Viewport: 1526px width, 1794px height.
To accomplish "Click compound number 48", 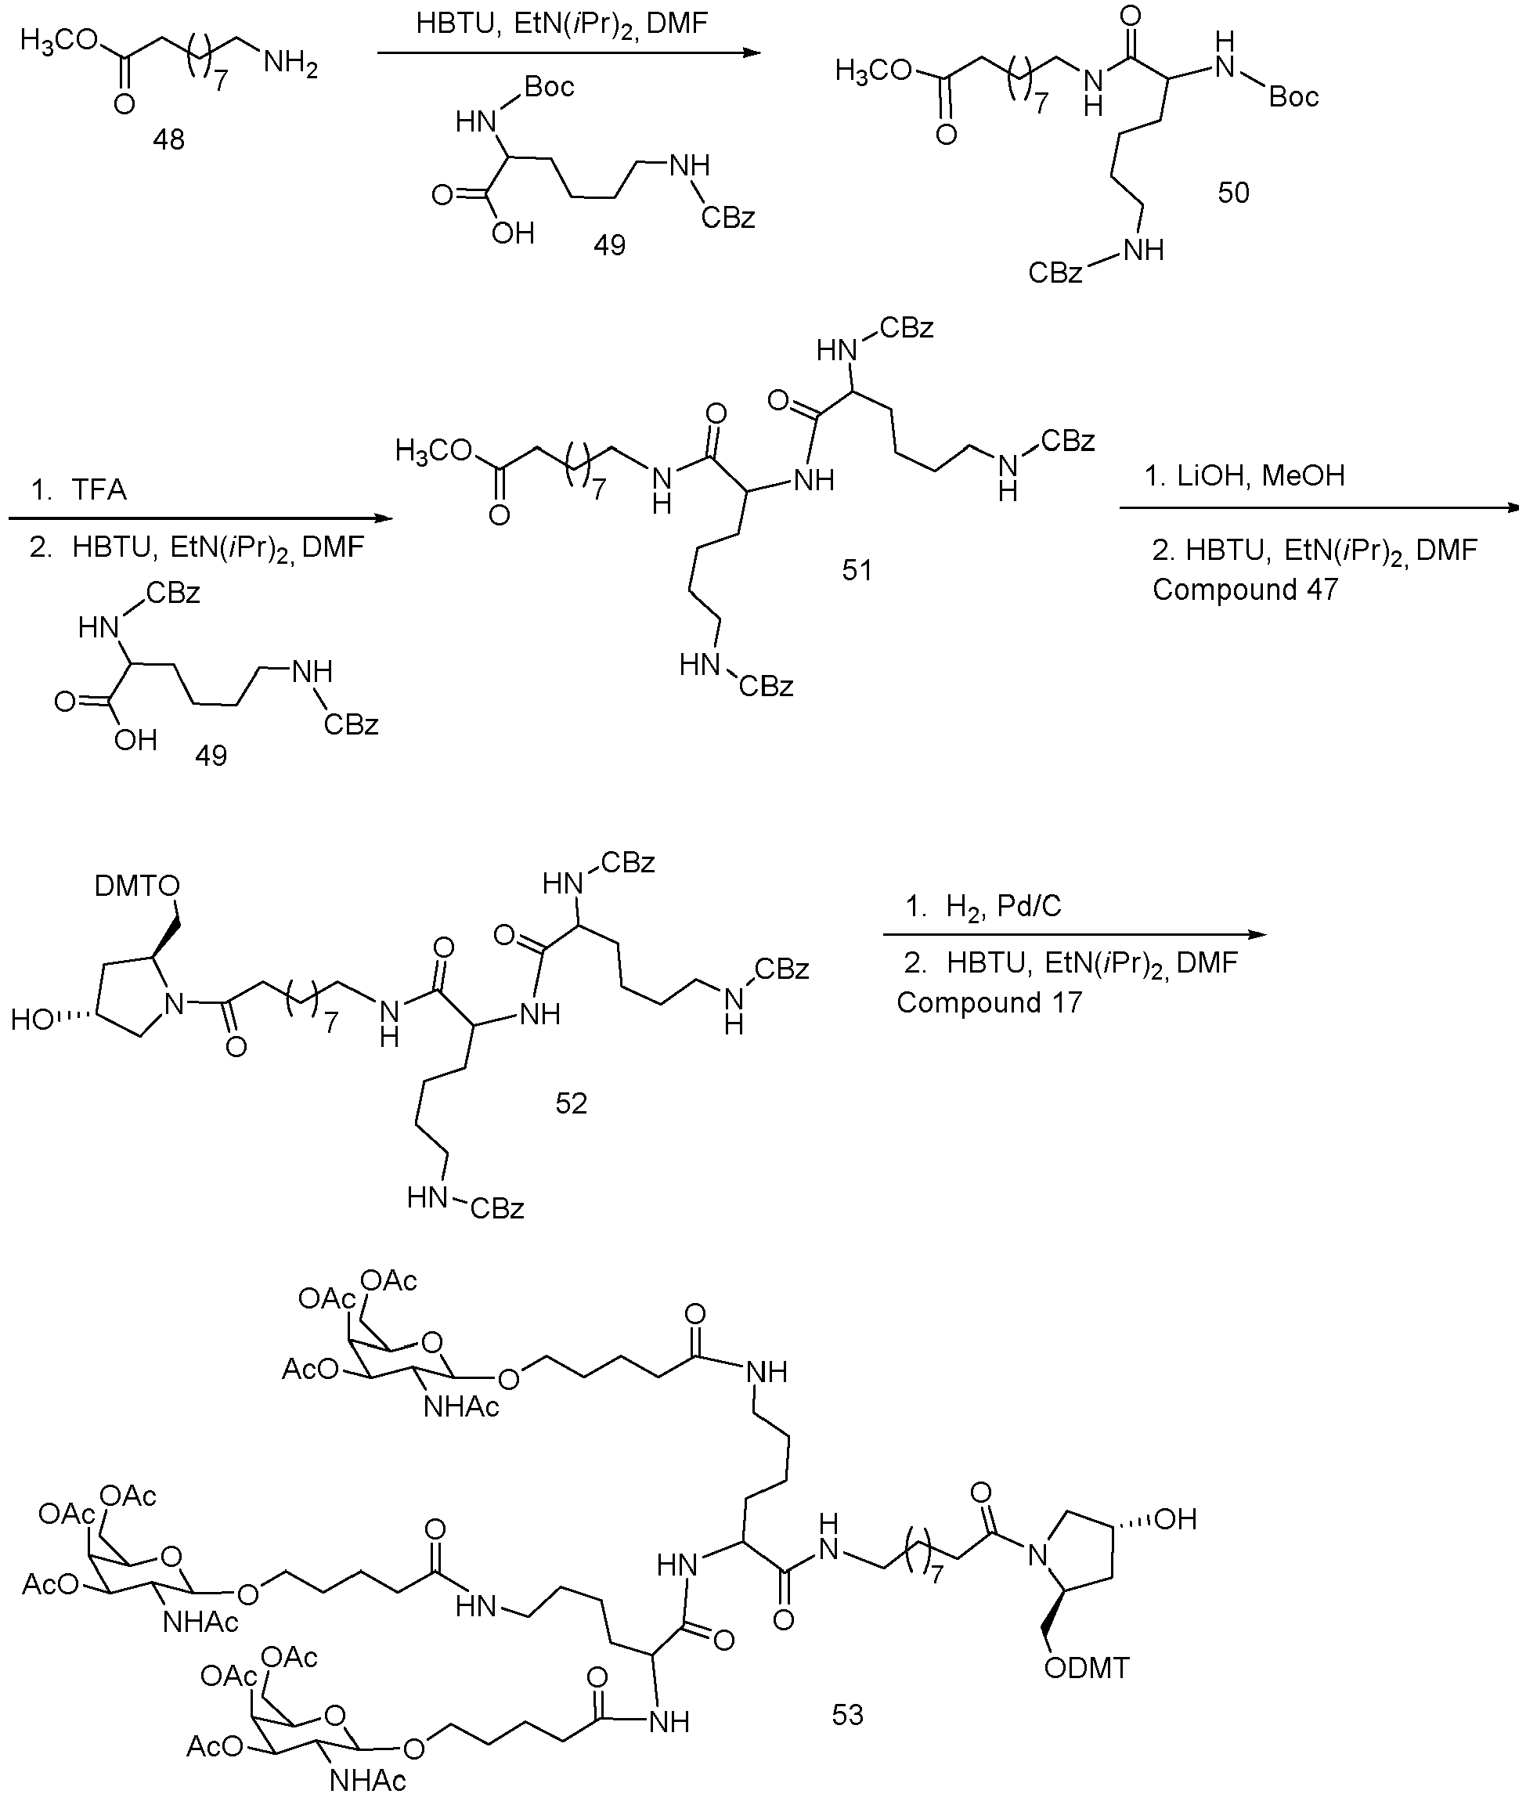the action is [x=168, y=139].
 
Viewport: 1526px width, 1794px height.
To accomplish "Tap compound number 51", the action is [x=857, y=570].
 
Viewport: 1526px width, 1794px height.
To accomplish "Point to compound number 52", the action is [x=571, y=1103].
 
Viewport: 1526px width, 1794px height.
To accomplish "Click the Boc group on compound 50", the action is [x=1293, y=97].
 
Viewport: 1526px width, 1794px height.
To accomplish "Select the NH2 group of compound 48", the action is [x=290, y=63].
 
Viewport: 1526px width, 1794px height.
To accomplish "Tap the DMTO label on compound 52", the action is [x=137, y=886].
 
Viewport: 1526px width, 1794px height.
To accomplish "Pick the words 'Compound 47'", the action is [x=1245, y=590].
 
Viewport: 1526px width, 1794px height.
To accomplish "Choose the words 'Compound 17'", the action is [x=989, y=1002].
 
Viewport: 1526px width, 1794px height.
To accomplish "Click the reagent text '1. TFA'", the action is [x=79, y=490].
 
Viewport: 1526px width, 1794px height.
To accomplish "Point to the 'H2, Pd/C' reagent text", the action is [x=1004, y=907].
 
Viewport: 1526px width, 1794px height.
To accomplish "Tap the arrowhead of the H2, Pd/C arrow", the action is [x=1259, y=935].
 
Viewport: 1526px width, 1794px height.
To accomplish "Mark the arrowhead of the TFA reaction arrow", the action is [x=384, y=519].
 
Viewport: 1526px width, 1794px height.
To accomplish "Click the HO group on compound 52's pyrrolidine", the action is [x=33, y=1020].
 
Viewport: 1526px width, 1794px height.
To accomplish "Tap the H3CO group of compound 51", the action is [x=435, y=452].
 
